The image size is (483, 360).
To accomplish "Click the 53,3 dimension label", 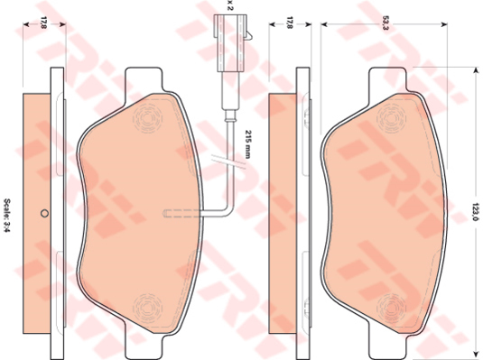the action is click(x=384, y=23).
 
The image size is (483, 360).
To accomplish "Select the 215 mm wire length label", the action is click(x=247, y=144).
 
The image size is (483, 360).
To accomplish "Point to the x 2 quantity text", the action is click(x=229, y=5).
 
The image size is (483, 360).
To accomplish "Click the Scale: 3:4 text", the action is click(x=7, y=216).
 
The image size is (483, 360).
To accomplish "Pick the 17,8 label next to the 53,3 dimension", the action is click(x=290, y=23).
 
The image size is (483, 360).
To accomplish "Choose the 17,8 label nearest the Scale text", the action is click(x=43, y=23).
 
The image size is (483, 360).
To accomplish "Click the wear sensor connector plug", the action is click(x=231, y=43).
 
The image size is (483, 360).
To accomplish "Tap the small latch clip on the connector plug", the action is click(x=249, y=35).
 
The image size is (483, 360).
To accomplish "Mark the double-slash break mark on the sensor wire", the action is click(x=228, y=162).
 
